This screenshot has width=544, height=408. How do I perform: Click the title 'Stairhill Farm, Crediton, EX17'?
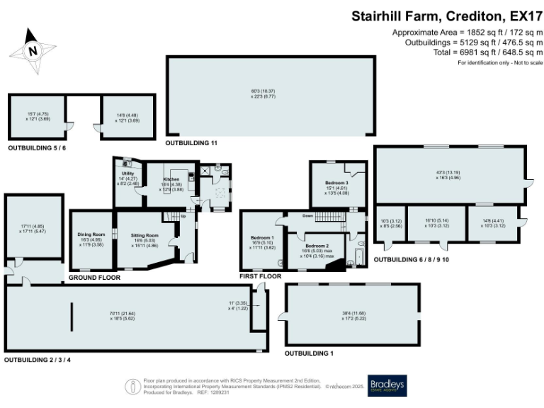[x=447, y=15]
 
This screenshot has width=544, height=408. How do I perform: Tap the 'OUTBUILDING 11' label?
[x=191, y=143]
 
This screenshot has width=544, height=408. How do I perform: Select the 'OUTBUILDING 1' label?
[x=308, y=352]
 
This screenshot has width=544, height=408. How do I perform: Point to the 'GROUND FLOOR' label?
[x=94, y=278]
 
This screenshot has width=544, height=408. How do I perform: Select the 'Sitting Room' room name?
[x=144, y=235]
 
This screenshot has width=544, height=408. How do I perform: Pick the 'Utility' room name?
[x=127, y=174]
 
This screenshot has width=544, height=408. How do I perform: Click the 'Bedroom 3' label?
[x=337, y=183]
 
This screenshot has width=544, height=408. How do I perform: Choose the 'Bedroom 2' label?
[x=317, y=245]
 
